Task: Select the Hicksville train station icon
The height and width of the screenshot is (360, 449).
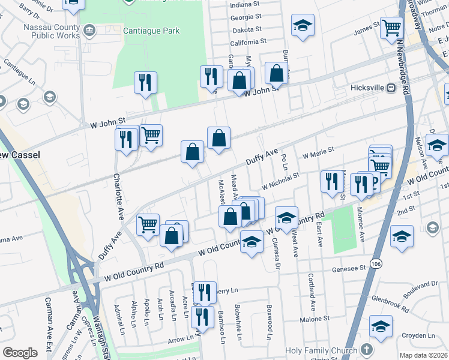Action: coord(391,88)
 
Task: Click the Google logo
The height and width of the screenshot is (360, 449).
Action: coord(20,353)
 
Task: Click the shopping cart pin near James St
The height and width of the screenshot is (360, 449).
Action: coord(391,28)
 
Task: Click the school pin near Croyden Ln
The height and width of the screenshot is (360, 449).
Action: coord(381,328)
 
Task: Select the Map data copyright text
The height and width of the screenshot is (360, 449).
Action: coord(423,355)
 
